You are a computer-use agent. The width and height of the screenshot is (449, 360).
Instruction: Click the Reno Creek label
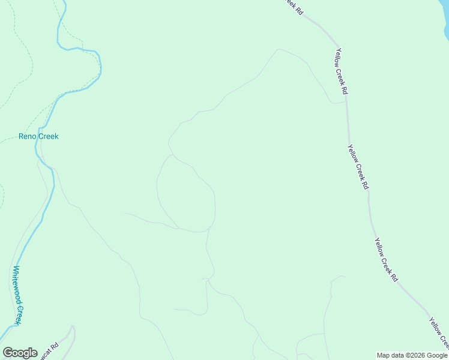coord(38,136)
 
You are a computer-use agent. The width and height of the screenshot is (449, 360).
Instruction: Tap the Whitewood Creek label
coord(19,295)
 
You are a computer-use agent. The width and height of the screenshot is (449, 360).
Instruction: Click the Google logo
coord(20,353)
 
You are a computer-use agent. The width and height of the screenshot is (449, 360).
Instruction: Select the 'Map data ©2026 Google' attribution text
coord(412,355)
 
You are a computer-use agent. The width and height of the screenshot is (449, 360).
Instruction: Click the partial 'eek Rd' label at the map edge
coord(292,7)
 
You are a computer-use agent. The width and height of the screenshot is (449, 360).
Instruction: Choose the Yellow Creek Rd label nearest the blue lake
coord(342,71)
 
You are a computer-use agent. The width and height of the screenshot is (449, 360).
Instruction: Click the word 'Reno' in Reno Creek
coord(28,136)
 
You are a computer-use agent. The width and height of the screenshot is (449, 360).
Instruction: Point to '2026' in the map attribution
coord(415,355)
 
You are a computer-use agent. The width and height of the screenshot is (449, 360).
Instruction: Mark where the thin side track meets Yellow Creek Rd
coord(346,101)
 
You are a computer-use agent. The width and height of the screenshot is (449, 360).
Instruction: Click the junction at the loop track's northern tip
coord(172,154)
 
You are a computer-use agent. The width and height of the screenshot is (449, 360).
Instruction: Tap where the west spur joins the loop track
coord(178,228)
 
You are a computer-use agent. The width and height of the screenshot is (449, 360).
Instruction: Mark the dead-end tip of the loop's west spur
coord(124,213)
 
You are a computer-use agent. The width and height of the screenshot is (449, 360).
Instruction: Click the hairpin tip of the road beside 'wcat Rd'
coord(73,327)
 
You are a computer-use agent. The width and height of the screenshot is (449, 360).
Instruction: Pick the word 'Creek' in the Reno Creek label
coord(49,136)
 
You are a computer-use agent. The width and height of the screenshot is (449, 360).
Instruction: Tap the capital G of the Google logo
coord(8,353)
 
